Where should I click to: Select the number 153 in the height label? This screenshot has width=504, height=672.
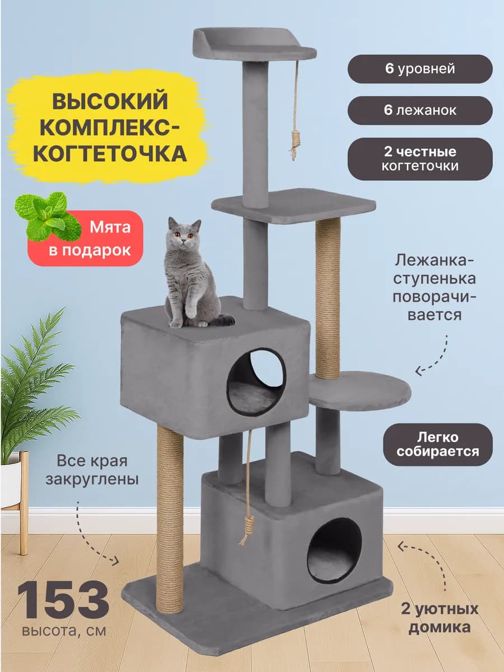63,600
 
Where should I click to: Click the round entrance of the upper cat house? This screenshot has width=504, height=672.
256,381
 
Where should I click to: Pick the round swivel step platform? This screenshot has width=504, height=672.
360,390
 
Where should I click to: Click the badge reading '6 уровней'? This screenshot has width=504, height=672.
420,69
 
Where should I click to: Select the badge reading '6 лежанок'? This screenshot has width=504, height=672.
420,110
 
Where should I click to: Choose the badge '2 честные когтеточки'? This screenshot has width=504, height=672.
420,159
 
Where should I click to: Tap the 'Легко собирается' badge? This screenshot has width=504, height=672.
438,445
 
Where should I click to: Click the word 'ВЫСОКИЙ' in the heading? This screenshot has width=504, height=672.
109,102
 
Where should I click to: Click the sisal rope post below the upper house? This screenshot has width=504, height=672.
170,518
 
